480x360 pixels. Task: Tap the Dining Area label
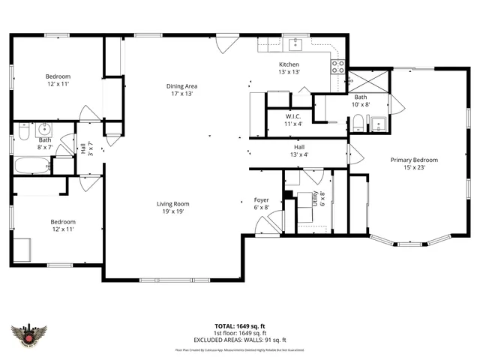181,90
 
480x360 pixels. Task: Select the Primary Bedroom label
413,163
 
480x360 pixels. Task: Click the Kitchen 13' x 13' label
289,68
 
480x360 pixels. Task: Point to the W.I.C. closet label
293,120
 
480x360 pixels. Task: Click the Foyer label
261,204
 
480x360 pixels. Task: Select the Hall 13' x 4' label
299,151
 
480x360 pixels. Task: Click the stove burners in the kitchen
338,69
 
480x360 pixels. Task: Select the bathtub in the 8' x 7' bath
34,166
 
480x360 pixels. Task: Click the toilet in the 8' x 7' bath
23,132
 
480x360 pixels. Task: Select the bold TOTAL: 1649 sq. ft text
239,326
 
